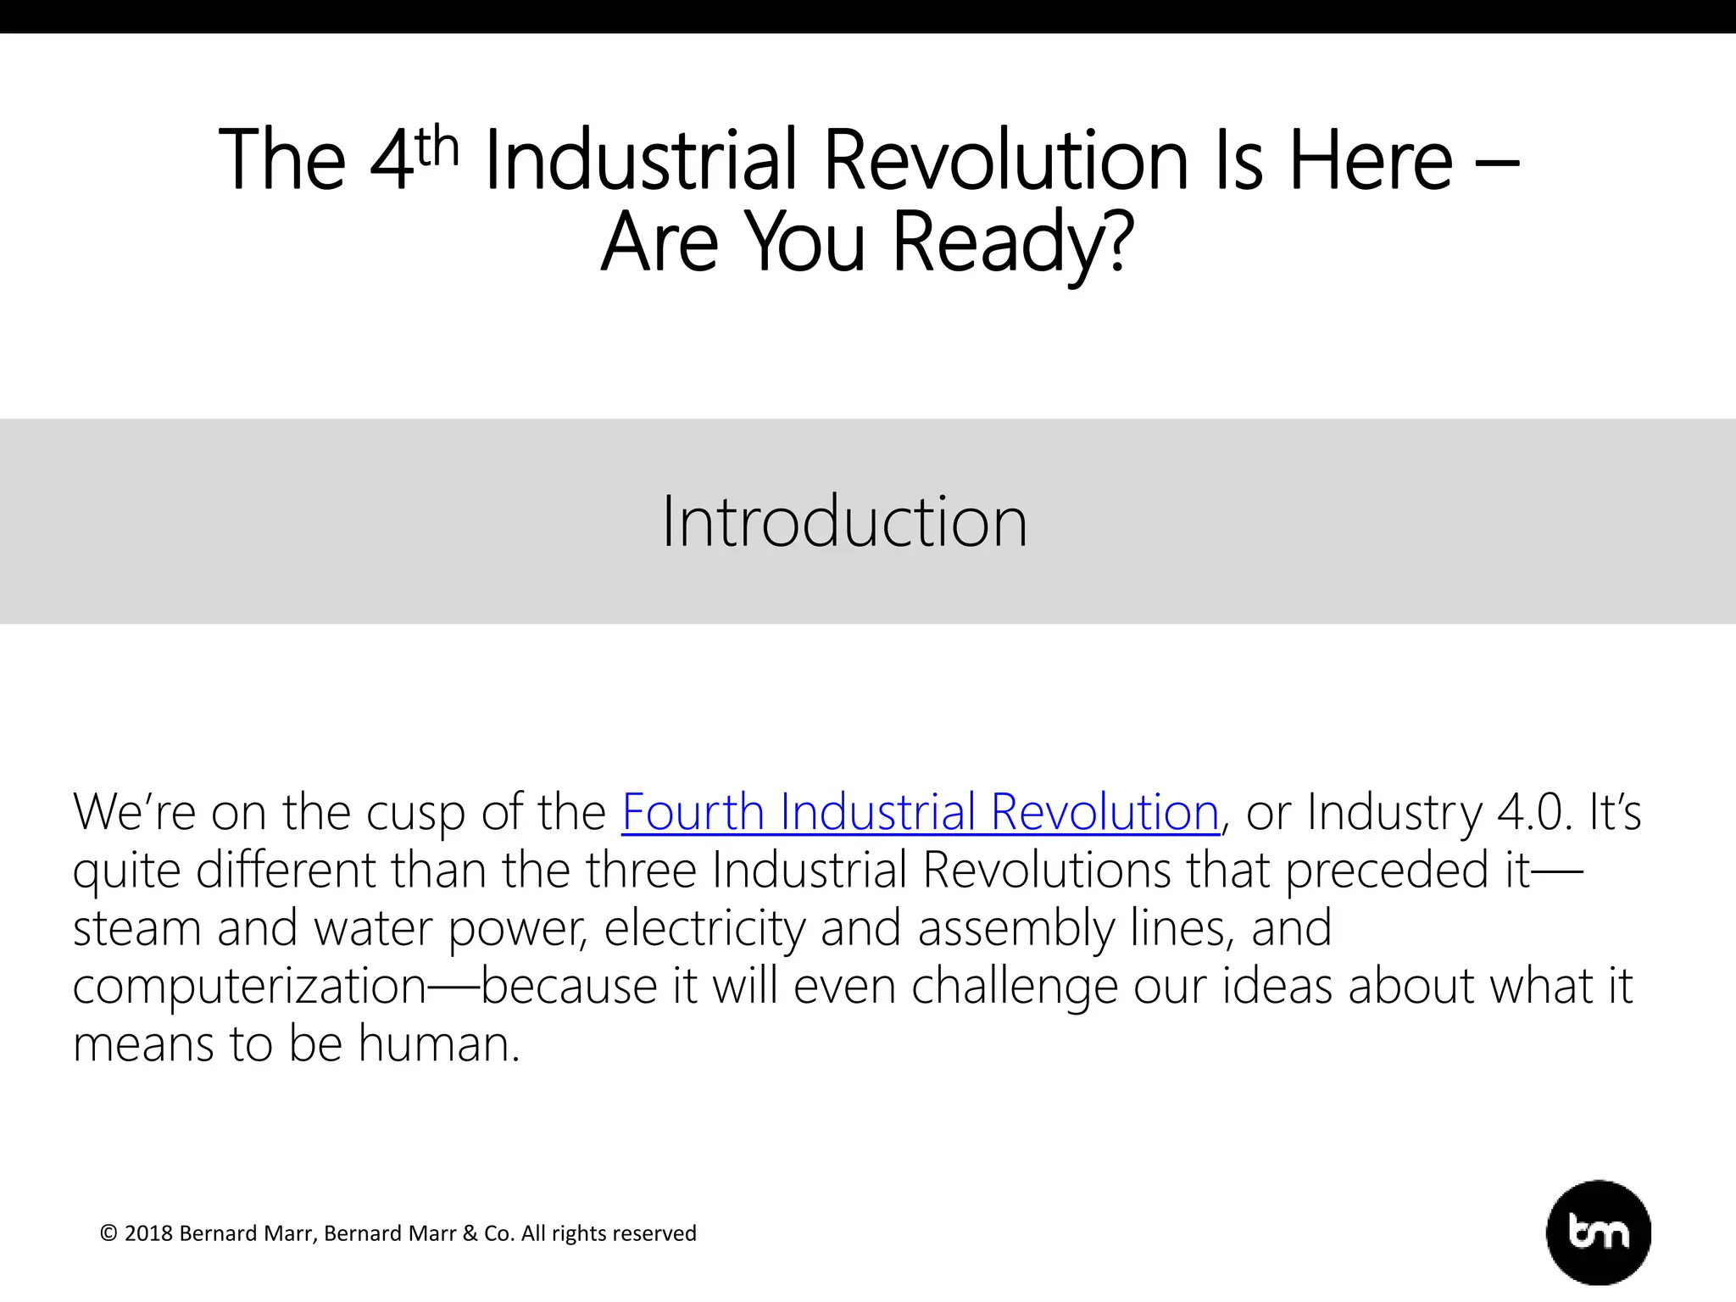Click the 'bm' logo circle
(1598, 1232)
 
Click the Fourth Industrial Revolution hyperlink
(920, 812)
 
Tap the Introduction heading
(844, 521)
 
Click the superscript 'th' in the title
(437, 146)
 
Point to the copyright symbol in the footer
(108, 1233)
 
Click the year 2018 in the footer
(148, 1233)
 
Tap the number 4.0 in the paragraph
(1534, 812)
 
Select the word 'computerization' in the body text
(249, 986)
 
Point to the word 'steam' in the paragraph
(136, 928)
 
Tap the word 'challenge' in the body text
(1014, 986)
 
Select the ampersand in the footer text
(470, 1233)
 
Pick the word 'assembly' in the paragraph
(1015, 928)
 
